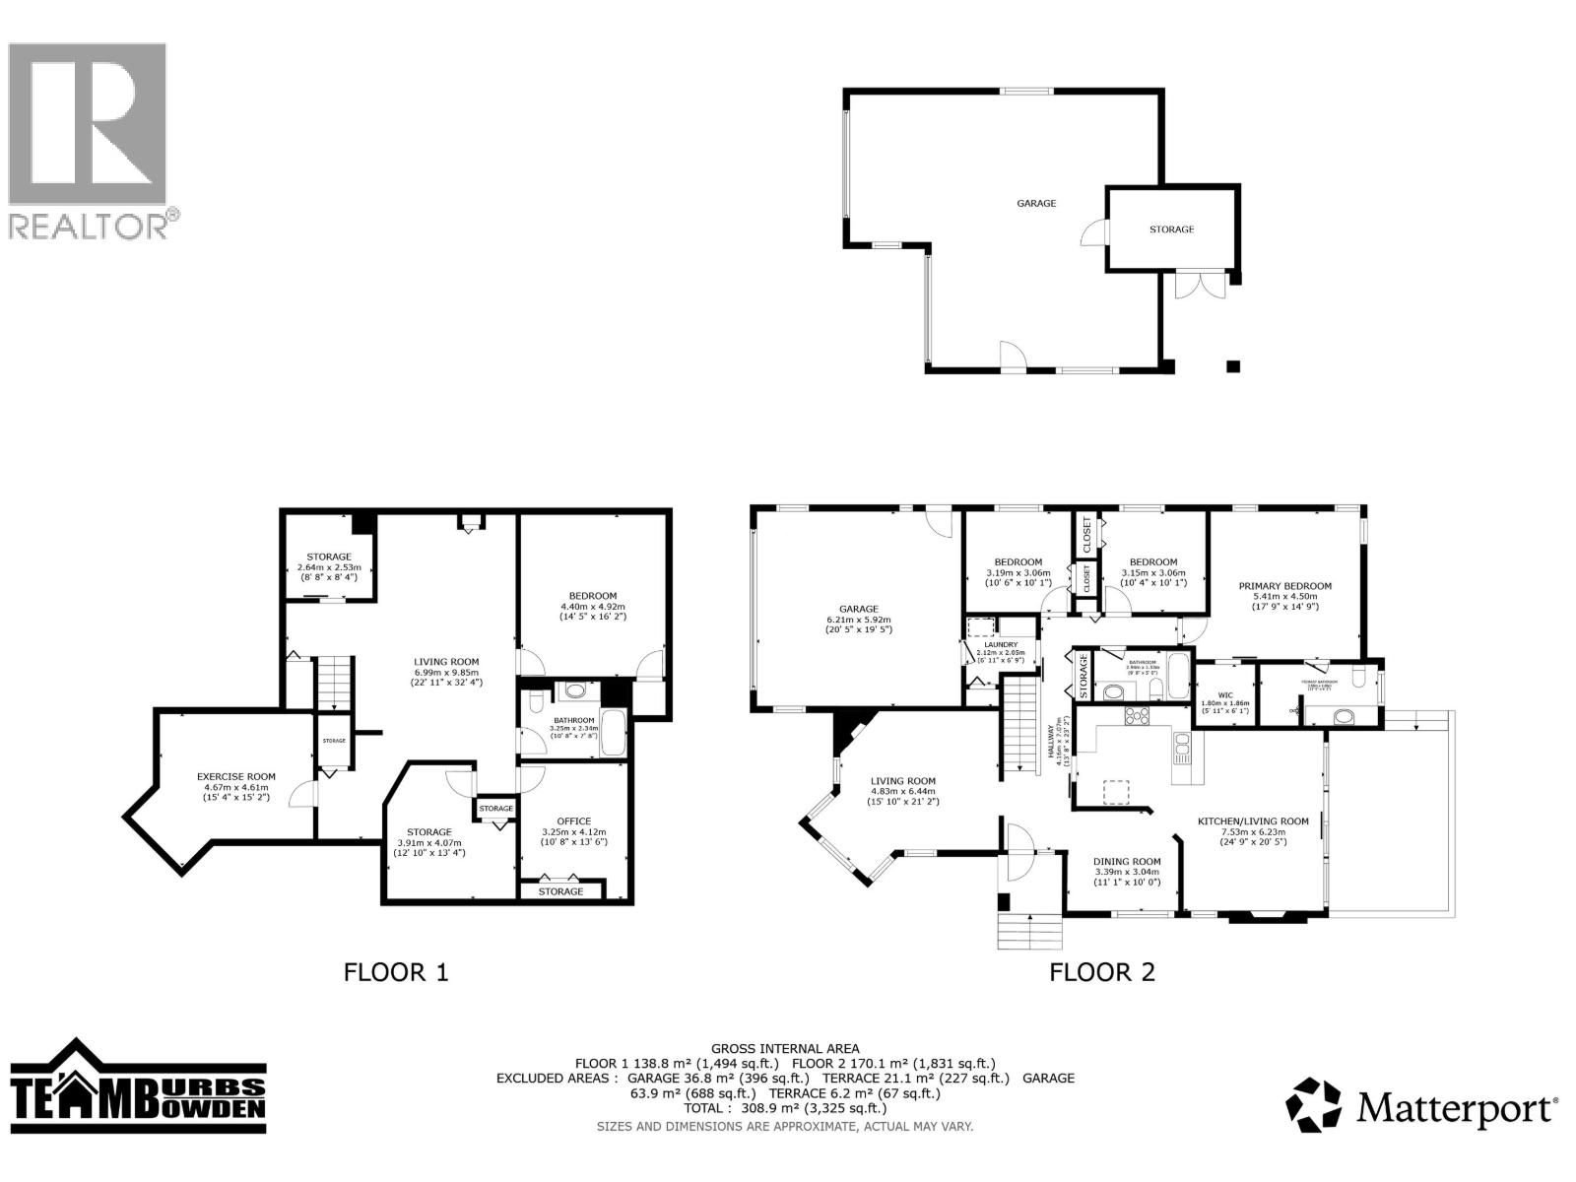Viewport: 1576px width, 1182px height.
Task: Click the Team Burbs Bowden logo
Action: pyautogui.click(x=138, y=1091)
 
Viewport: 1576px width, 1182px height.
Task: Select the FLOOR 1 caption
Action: pyautogui.click(x=395, y=972)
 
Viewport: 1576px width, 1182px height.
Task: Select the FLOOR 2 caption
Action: pyautogui.click(x=1101, y=972)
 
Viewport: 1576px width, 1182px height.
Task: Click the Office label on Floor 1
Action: pyautogui.click(x=573, y=821)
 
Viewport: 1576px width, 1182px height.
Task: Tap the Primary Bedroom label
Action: pyautogui.click(x=1284, y=586)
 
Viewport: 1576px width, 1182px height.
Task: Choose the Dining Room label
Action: pyautogui.click(x=1127, y=861)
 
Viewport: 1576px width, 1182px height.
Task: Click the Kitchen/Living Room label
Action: pyautogui.click(x=1252, y=821)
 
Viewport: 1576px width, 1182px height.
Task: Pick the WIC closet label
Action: pyautogui.click(x=1224, y=694)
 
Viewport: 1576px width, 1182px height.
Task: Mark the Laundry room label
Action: pyautogui.click(x=1000, y=644)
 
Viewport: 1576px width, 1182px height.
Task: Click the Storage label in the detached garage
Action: pyautogui.click(x=1171, y=229)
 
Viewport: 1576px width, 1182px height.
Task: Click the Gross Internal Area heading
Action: pyautogui.click(x=785, y=1049)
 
